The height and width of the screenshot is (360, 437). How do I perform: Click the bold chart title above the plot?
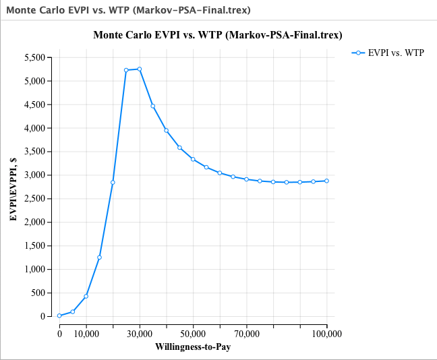[218, 35]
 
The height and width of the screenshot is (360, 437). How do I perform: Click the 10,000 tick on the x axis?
[86, 333]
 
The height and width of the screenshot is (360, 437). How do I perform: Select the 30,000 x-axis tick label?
[140, 333]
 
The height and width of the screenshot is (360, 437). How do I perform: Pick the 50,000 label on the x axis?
[193, 333]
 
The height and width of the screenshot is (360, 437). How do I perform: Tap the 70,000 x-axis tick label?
[247, 333]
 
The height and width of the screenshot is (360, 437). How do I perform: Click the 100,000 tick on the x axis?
[327, 333]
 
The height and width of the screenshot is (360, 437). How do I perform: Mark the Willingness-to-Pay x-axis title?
[193, 347]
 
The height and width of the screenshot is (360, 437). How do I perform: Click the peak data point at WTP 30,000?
[140, 69]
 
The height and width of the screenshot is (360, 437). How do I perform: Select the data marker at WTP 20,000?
[113, 182]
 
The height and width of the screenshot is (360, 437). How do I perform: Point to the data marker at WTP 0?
[59, 316]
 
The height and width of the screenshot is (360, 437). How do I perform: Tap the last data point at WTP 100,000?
[327, 181]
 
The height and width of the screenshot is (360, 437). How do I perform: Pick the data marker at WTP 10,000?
[86, 296]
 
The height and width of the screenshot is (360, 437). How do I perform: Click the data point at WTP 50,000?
[193, 159]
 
